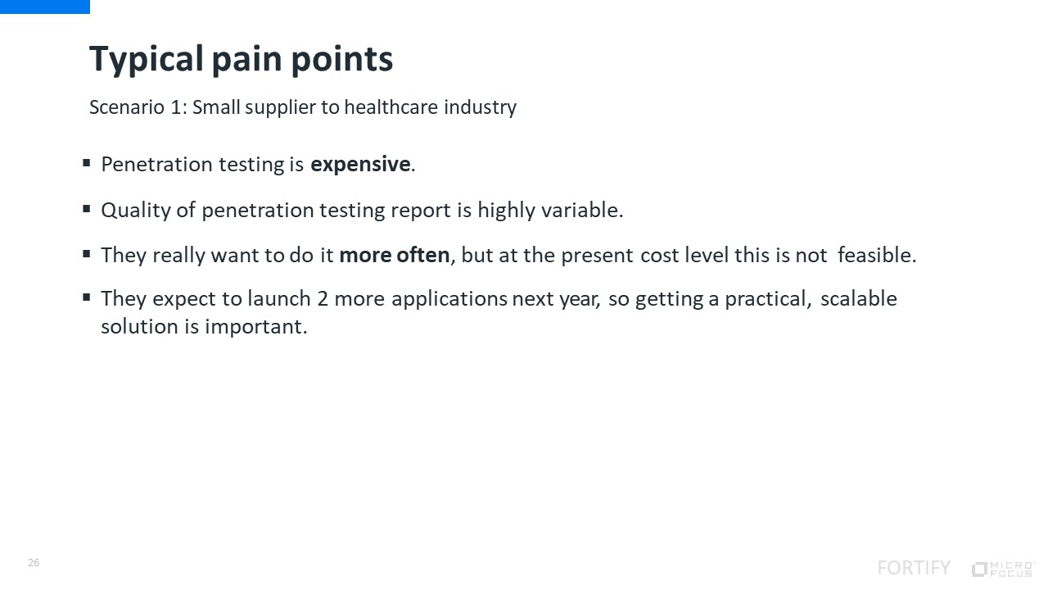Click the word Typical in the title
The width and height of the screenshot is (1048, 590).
147,60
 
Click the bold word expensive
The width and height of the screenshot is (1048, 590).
360,165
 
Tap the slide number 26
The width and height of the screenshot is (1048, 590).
34,562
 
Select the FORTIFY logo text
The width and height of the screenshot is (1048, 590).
914,568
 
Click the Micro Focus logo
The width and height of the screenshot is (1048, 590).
1003,569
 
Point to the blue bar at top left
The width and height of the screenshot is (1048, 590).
45,7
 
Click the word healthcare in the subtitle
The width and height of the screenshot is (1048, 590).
391,107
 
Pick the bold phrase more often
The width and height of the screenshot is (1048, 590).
395,255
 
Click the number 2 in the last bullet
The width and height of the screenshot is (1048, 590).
323,299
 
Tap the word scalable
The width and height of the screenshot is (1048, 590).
859,299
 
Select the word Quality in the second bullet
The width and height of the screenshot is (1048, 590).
136,211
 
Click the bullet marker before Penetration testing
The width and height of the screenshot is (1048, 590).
87,163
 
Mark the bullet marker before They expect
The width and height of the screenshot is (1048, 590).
87,297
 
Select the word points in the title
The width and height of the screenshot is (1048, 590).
342,60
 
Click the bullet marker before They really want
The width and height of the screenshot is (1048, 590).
87,254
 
